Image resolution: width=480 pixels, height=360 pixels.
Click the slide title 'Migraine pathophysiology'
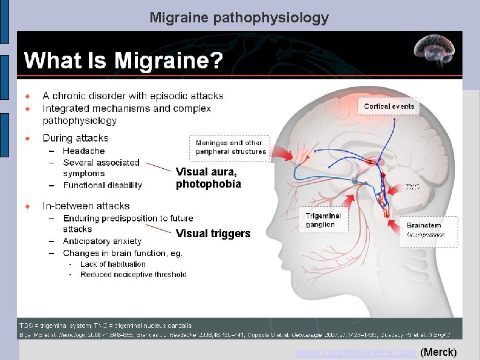click(x=239, y=18)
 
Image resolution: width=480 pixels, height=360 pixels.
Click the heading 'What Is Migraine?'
click(x=123, y=61)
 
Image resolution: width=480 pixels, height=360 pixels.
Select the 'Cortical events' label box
click(x=389, y=106)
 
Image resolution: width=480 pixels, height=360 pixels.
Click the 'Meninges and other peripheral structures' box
click(x=230, y=147)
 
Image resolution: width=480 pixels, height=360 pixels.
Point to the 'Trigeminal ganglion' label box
click(x=323, y=220)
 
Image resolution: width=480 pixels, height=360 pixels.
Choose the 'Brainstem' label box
click(x=429, y=229)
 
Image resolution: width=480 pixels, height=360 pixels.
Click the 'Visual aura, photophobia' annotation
click(x=208, y=177)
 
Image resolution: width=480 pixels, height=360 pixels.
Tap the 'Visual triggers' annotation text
click(x=213, y=234)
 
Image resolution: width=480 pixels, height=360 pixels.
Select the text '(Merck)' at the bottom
click(x=438, y=352)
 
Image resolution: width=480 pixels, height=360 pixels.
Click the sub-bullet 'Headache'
click(x=83, y=151)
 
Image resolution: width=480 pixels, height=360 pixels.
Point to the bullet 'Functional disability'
click(x=102, y=185)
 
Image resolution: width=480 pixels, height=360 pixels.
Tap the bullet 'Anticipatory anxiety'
click(x=102, y=241)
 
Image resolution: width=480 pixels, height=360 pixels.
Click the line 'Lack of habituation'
click(x=112, y=264)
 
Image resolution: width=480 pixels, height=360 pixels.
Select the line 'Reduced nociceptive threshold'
click(x=133, y=274)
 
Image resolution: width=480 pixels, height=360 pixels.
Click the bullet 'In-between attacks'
click(x=86, y=206)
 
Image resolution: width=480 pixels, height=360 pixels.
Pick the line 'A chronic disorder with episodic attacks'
click(x=132, y=96)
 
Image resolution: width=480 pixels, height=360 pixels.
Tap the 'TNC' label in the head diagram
click(x=413, y=188)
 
